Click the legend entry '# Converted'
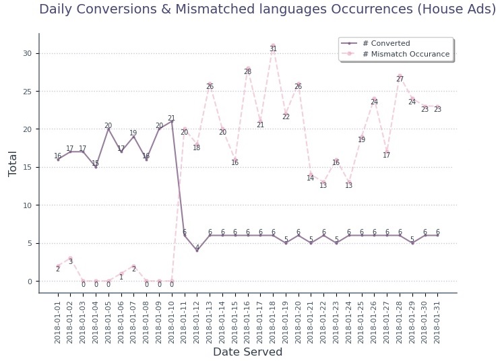coord(385,43)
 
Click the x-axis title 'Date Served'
coord(247,352)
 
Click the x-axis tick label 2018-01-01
coord(58,319)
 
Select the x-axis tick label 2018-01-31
coord(437,319)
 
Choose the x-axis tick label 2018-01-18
coord(273,319)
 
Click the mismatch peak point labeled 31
coord(273,46)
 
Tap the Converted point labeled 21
coord(172,121)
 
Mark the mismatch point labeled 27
coord(400,76)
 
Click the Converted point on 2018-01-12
coord(197,251)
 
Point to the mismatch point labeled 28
coord(247,69)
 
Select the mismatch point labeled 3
coord(70,258)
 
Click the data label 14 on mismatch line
coord(311,178)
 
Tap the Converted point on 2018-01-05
coord(108,129)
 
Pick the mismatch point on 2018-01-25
coord(361,137)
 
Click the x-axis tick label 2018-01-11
coord(185,319)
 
